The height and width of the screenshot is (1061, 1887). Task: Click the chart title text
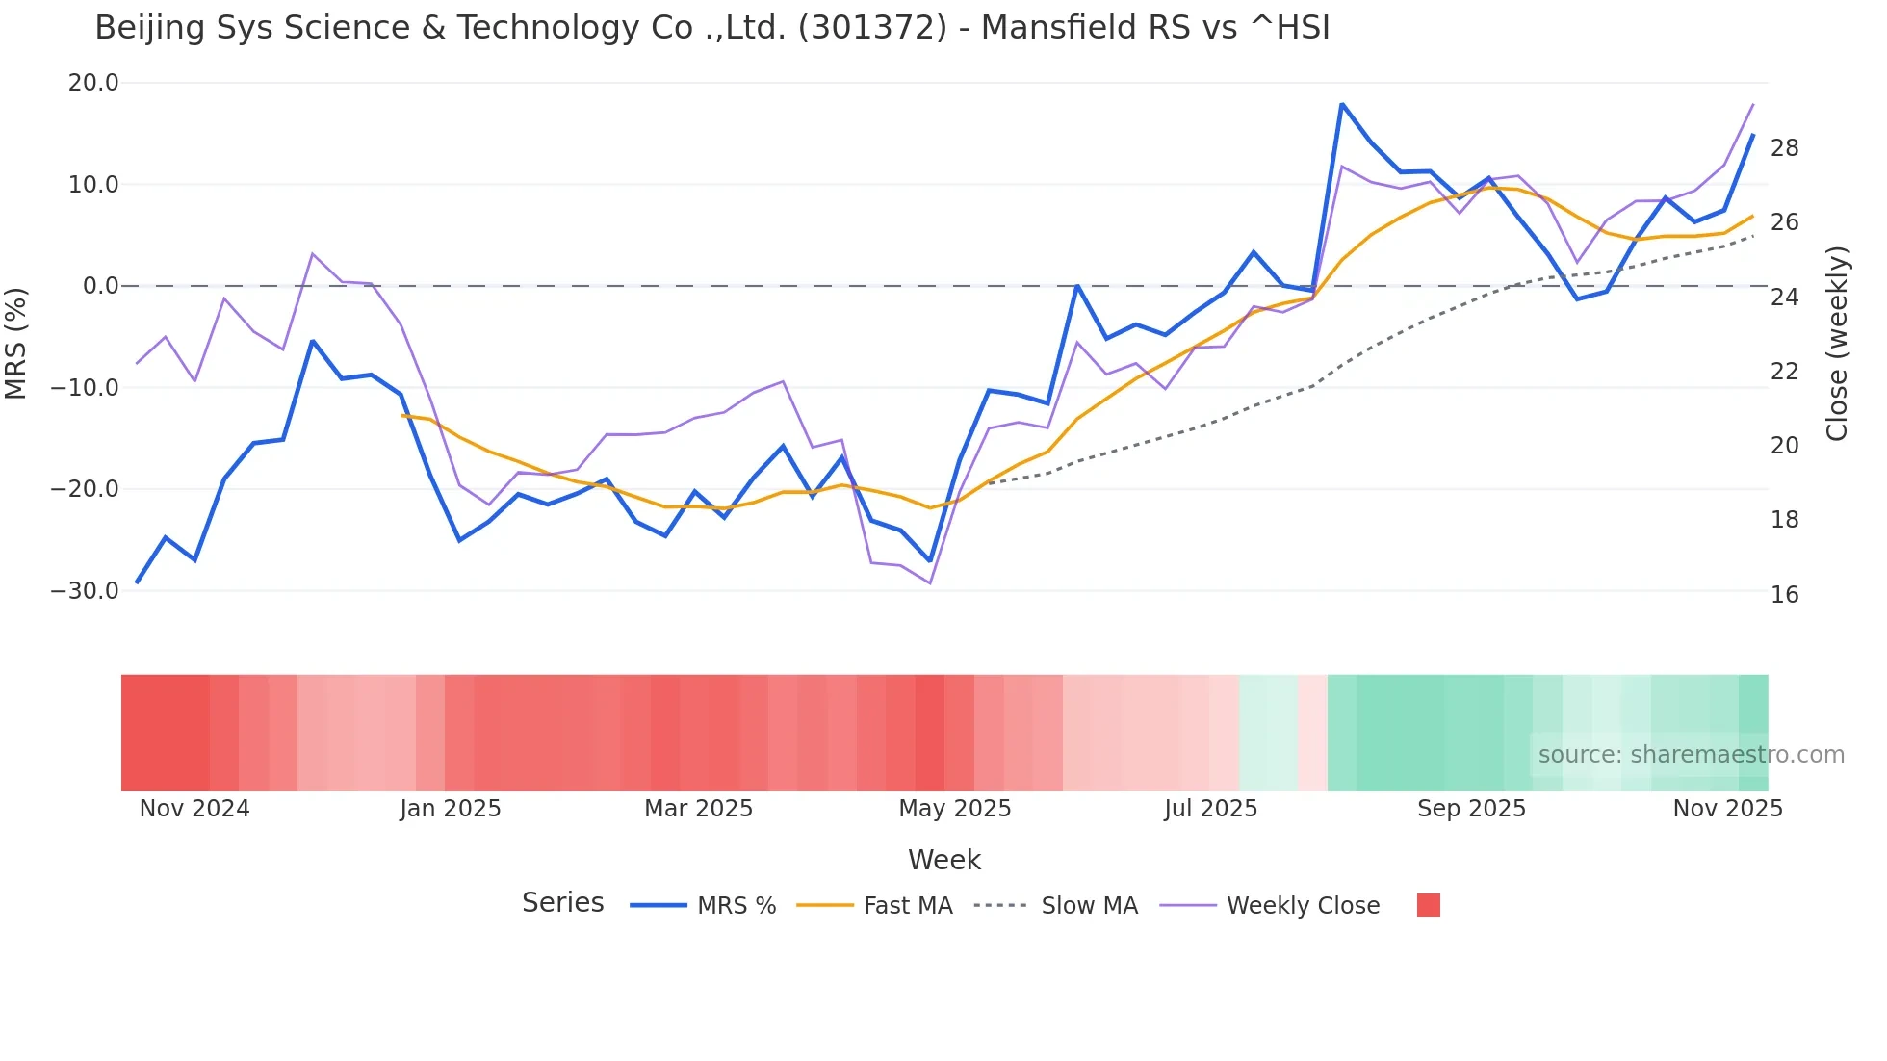click(x=712, y=28)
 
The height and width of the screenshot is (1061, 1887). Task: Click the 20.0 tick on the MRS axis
click(x=93, y=83)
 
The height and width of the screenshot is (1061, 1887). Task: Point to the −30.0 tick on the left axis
click(x=85, y=591)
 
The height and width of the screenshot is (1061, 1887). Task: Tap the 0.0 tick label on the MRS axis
click(x=100, y=286)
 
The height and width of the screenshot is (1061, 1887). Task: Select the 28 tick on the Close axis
click(x=1785, y=148)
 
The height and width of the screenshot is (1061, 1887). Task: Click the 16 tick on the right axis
click(x=1785, y=595)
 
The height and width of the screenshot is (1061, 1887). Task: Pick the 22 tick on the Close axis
click(x=1785, y=372)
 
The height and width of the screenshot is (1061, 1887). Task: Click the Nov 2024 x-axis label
click(x=194, y=809)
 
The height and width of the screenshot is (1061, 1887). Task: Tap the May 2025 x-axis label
click(x=955, y=809)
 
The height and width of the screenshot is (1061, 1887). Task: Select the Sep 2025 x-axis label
click(x=1471, y=809)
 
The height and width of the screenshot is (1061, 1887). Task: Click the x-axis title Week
click(x=943, y=860)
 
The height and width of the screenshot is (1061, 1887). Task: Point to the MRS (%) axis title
click(x=16, y=343)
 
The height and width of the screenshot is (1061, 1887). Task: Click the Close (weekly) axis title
click(x=1837, y=344)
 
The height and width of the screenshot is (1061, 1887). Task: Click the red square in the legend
click(x=1429, y=905)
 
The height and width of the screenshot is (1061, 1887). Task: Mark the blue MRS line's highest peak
click(x=1342, y=104)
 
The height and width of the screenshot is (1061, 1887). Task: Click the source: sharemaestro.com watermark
click(x=1691, y=755)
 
